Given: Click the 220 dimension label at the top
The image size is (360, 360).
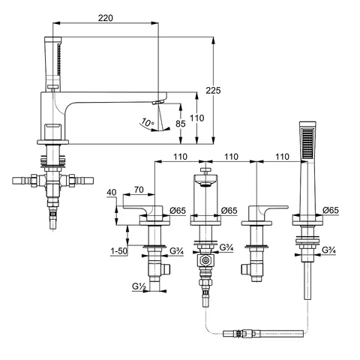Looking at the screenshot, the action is [x=105, y=18].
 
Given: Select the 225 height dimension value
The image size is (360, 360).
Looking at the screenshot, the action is [x=213, y=91].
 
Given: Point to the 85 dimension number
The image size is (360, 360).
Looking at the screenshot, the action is [x=181, y=124].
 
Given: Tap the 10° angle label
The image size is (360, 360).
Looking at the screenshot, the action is [x=148, y=122].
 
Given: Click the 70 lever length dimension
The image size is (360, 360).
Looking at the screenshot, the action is [x=139, y=190].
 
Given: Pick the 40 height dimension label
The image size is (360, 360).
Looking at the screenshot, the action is [x=112, y=192].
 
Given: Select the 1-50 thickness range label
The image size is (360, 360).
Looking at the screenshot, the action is [x=119, y=250].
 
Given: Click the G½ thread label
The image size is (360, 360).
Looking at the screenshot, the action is [x=139, y=286].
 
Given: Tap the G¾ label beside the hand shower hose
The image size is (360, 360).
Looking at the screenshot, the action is [x=328, y=250].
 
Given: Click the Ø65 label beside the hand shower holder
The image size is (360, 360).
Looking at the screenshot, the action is [x=331, y=211].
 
